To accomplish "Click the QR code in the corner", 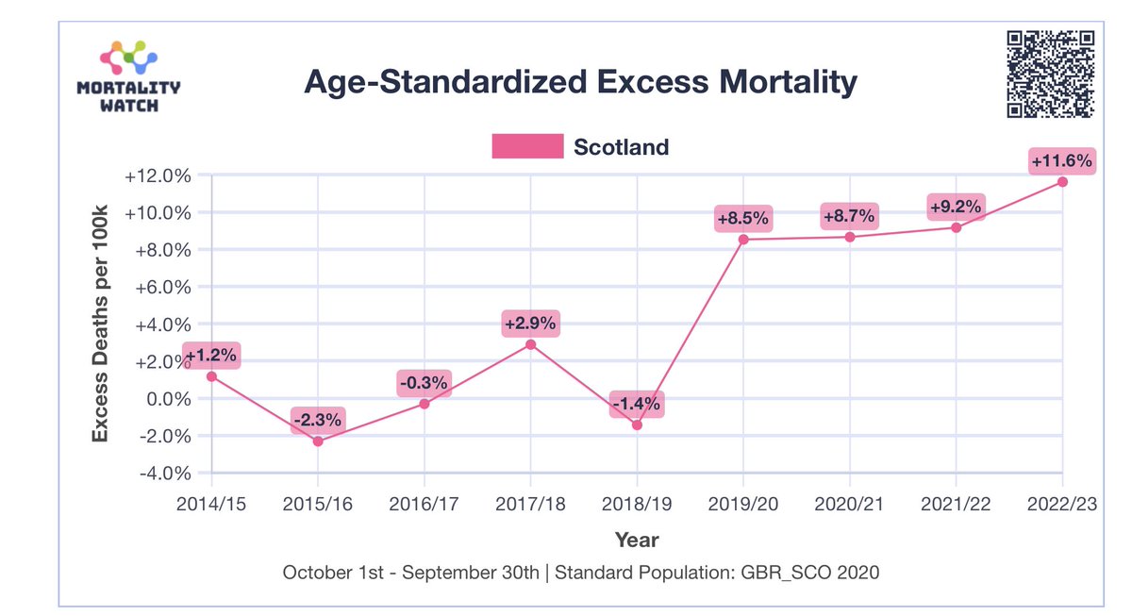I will click(x=1051, y=75).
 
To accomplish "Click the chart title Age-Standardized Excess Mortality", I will click(x=580, y=83).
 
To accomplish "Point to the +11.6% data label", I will click(x=1062, y=161).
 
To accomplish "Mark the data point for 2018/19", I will click(x=637, y=425).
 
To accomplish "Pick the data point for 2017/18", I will click(x=530, y=344).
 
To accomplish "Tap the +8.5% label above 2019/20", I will click(x=743, y=220).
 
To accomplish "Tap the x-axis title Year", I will click(x=637, y=540).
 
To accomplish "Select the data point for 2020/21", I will click(x=850, y=237).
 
